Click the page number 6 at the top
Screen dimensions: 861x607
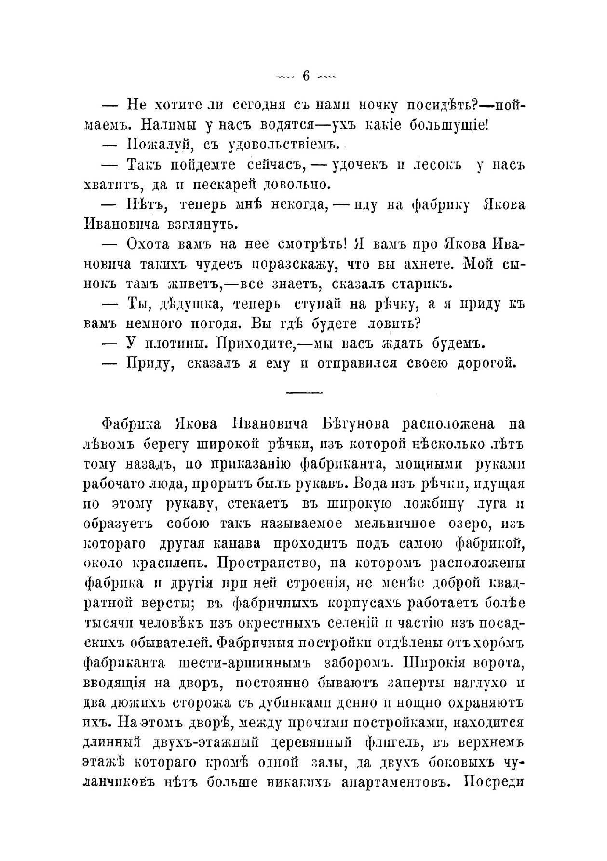(x=305, y=76)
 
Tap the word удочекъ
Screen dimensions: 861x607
(x=358, y=165)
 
